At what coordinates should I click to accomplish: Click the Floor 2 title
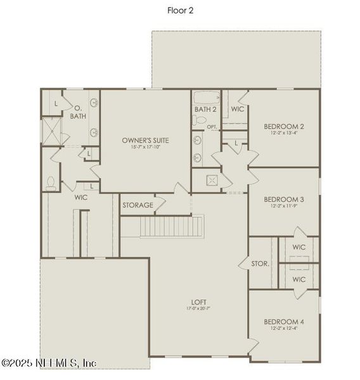[x=180, y=9]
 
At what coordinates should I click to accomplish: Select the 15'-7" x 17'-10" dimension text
[x=146, y=147]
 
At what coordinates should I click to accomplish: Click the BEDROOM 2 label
[x=284, y=125]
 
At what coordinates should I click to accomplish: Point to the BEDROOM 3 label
[x=284, y=198]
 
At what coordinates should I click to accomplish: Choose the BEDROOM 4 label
[x=284, y=322]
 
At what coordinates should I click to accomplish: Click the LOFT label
[x=198, y=301]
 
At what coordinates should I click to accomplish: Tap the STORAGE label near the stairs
[x=137, y=205]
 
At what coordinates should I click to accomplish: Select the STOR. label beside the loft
[x=260, y=263]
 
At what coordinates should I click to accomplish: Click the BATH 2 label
[x=205, y=110]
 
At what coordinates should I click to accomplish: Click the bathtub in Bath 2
[x=207, y=98]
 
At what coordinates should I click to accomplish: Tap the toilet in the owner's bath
[x=51, y=182]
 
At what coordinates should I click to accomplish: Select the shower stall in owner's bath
[x=50, y=131]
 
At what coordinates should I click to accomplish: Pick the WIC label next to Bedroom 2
[x=238, y=109]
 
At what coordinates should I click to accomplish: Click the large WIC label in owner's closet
[x=80, y=198]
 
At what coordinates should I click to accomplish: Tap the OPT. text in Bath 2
[x=212, y=127]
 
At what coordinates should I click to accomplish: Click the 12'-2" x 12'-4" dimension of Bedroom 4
[x=284, y=329]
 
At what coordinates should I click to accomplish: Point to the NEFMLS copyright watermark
[x=49, y=363]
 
